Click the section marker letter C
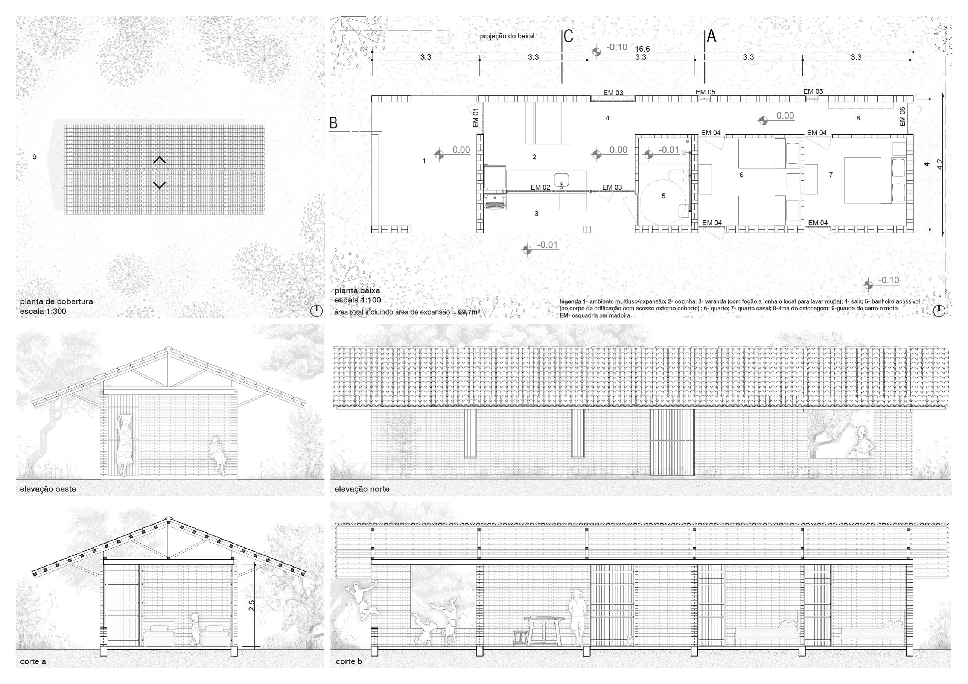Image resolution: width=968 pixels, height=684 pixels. tap(568, 36)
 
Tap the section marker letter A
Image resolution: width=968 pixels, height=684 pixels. tap(711, 36)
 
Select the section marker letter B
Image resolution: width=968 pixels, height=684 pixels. tap(333, 123)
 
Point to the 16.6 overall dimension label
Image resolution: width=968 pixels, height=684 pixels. tap(642, 49)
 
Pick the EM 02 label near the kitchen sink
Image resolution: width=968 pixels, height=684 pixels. tap(540, 187)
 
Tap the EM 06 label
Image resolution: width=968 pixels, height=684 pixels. tap(902, 116)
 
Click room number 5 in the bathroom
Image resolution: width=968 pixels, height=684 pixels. tap(663, 196)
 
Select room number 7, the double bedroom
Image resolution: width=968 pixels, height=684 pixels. tap(831, 175)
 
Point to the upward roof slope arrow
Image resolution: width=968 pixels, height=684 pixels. tap(159, 160)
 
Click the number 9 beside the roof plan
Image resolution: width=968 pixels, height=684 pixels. tap(35, 157)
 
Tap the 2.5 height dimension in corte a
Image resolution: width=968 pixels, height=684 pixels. tap(252, 606)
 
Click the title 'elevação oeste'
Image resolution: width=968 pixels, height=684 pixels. tap(48, 489)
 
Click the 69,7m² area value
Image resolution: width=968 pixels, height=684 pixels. tap(469, 312)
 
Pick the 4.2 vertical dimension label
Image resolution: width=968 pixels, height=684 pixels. tap(940, 164)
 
